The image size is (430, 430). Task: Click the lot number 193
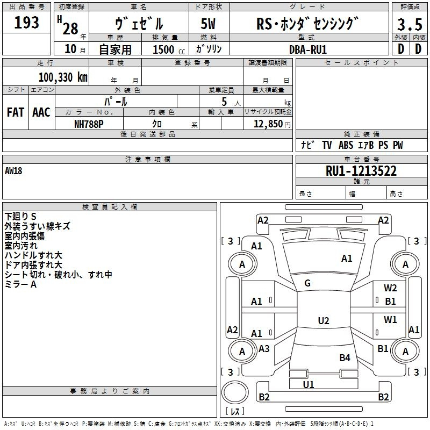(x=26, y=23)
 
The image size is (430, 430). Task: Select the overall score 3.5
(x=410, y=24)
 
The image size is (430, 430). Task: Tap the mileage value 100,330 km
(x=63, y=77)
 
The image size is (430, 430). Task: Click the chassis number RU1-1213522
(x=361, y=171)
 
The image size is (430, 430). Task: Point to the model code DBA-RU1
(x=308, y=49)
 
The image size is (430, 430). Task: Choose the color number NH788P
(x=89, y=124)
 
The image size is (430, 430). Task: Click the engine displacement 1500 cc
(x=169, y=49)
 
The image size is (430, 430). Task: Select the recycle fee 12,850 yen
(x=272, y=124)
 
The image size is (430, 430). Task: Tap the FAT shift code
(x=16, y=112)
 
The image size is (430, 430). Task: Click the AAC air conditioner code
(x=41, y=112)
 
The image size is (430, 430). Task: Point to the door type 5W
(x=208, y=24)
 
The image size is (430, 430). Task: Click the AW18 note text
(x=13, y=171)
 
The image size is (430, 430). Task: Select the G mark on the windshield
(x=307, y=283)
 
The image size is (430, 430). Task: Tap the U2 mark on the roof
(x=324, y=320)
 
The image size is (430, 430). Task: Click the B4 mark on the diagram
(x=345, y=357)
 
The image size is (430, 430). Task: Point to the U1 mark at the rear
(x=308, y=384)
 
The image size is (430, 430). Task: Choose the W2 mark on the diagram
(x=390, y=288)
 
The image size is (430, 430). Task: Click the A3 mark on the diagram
(x=264, y=348)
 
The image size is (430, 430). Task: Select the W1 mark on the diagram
(x=390, y=319)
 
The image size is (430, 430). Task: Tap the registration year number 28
(x=70, y=28)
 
